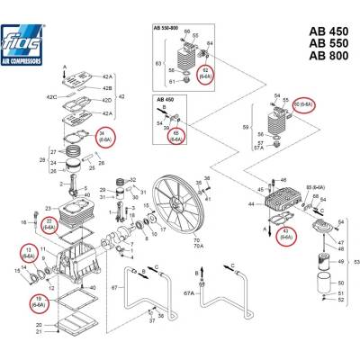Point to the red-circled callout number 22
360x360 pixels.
[49, 225]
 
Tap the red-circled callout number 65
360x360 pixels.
[175, 136]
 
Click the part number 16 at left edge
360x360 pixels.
[22, 220]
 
